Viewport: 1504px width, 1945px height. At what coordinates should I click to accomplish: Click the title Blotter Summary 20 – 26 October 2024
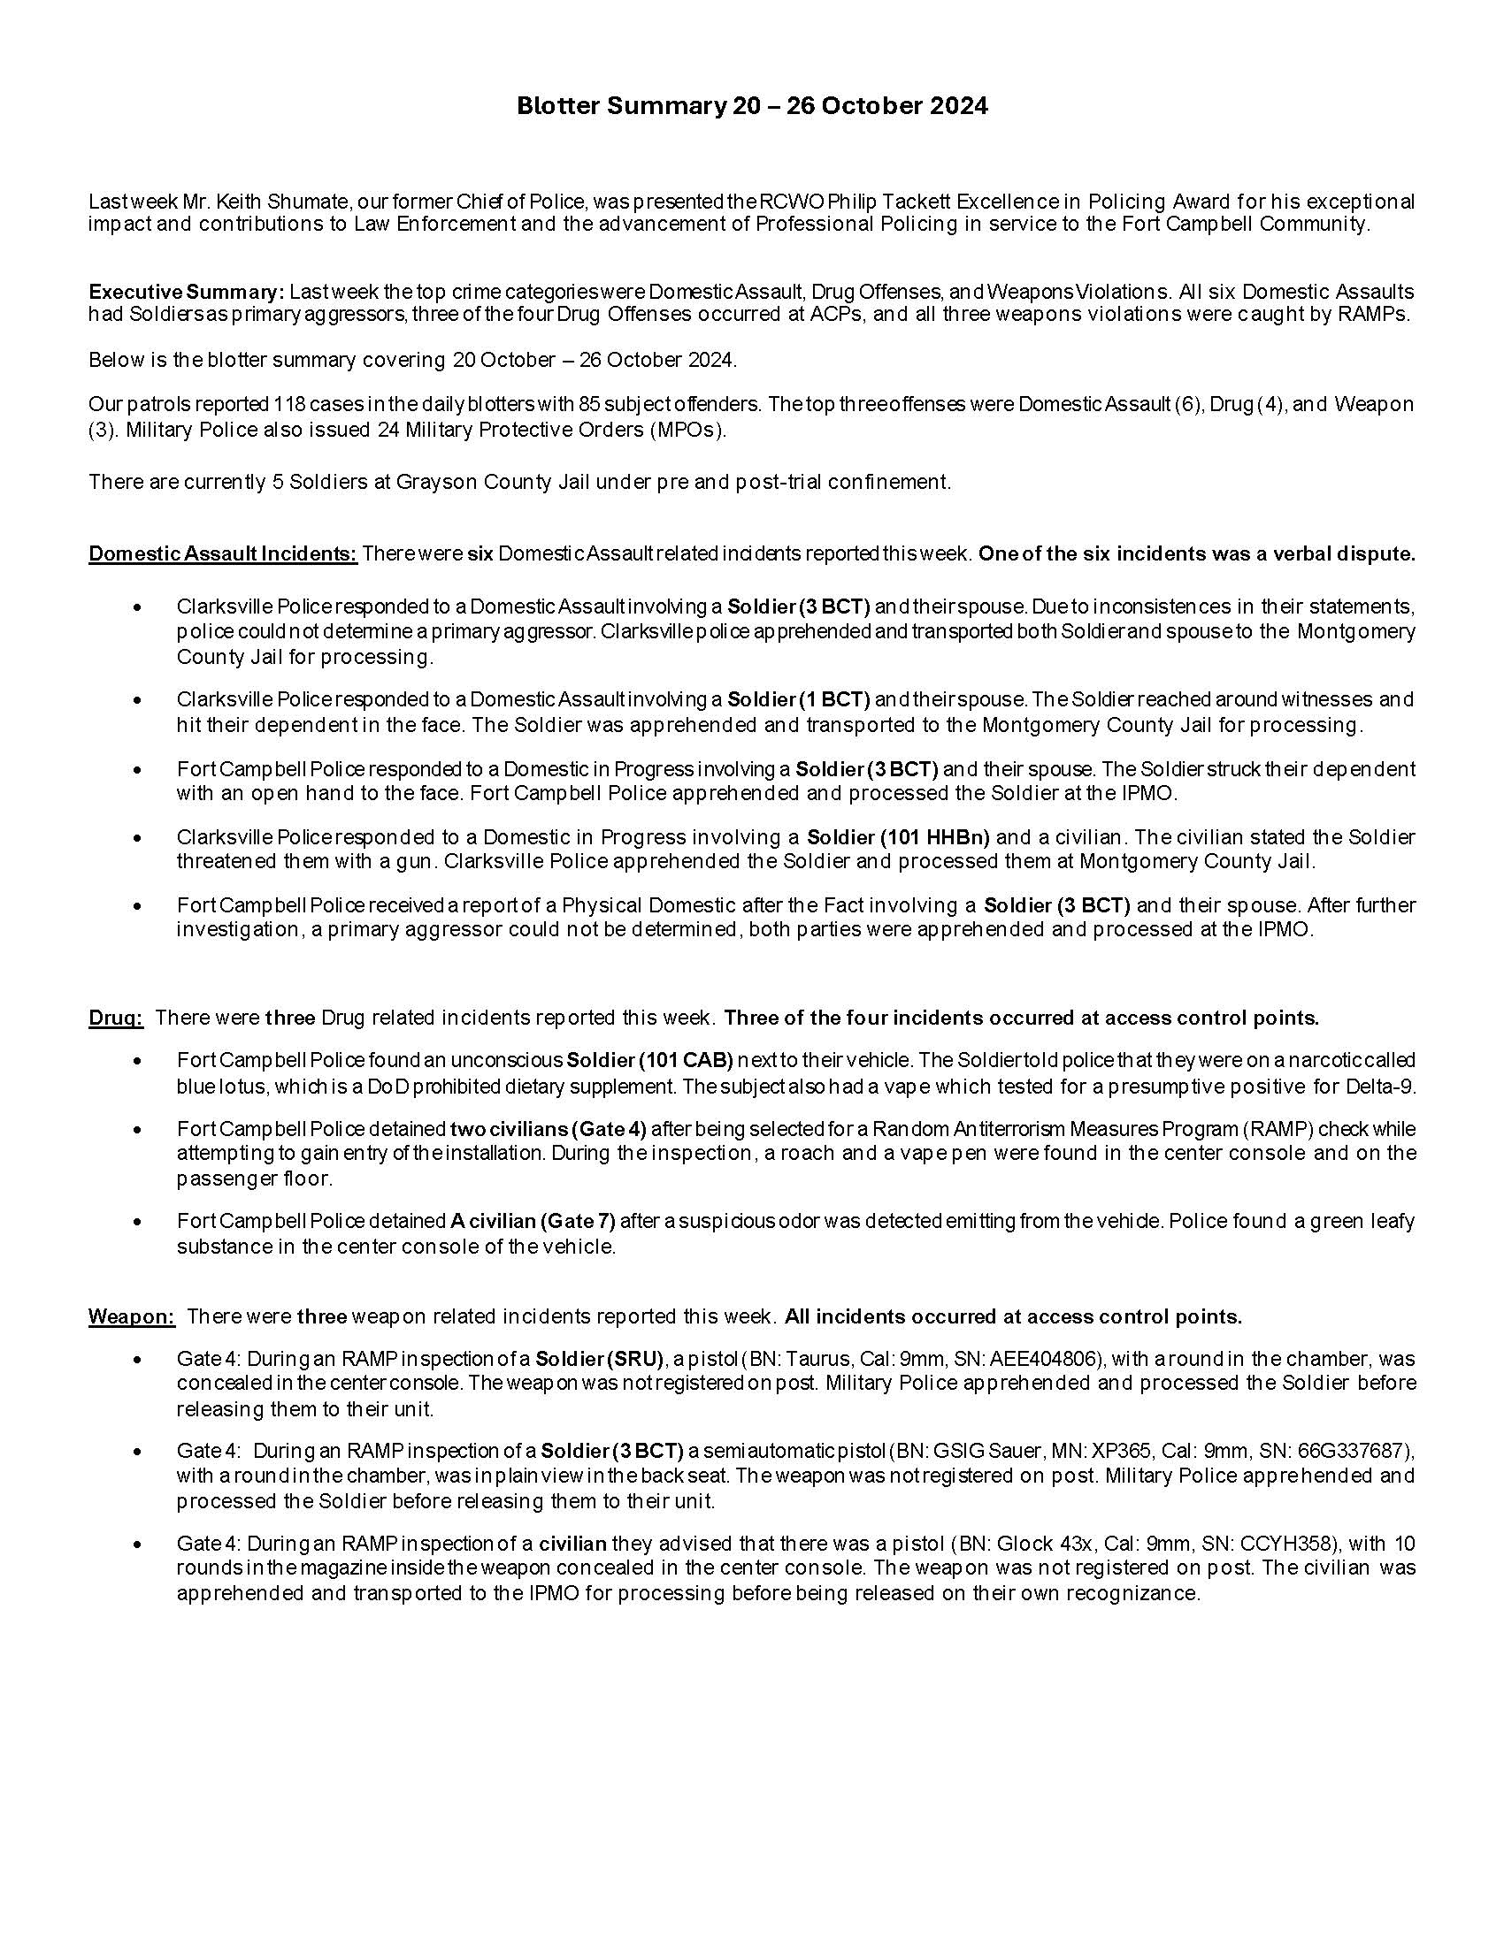click(x=752, y=107)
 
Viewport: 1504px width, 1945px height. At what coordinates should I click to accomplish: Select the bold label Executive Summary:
click(x=186, y=291)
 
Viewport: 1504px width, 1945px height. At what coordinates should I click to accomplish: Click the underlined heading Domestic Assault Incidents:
click(x=223, y=554)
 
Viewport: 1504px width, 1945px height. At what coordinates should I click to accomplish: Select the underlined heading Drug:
click(x=115, y=1017)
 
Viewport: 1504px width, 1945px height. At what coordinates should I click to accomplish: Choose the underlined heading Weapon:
click(x=132, y=1316)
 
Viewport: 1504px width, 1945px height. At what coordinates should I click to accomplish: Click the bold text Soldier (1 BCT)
click(x=798, y=700)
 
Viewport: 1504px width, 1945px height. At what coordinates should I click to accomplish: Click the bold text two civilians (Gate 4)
click(x=548, y=1129)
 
